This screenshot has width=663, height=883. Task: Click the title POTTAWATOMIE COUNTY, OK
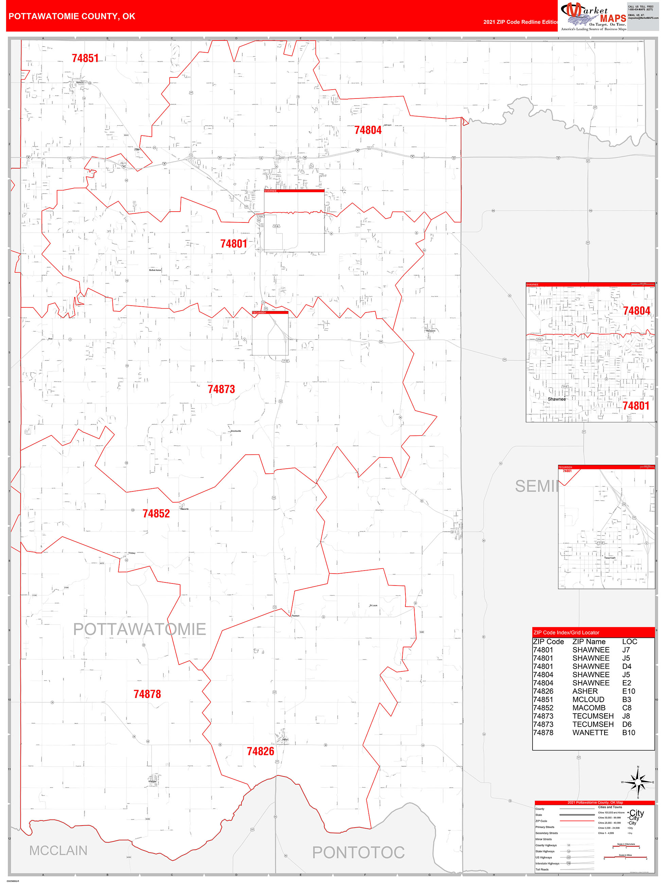coord(72,16)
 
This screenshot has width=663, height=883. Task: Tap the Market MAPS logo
coord(593,16)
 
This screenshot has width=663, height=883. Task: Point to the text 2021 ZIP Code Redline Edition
coord(520,22)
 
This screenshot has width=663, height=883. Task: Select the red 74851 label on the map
coord(85,58)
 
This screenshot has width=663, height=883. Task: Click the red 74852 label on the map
coord(156,514)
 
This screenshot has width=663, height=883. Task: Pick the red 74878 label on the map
coord(147,694)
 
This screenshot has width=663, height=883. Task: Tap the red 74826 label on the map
coord(260,751)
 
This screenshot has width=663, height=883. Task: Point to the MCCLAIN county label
coord(58,851)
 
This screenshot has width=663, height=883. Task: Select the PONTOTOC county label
coord(358,852)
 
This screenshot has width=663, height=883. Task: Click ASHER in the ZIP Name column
coord(585,691)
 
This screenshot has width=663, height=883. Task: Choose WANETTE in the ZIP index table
coord(590,733)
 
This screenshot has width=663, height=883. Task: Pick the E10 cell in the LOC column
coord(628,691)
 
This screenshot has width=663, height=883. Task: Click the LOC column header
coord(629,642)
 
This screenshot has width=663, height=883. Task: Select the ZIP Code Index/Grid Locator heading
coord(566,632)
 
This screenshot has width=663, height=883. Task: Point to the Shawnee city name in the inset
coord(556,399)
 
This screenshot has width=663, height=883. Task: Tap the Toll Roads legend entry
coord(542,869)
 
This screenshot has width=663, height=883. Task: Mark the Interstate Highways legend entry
coord(547,863)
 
